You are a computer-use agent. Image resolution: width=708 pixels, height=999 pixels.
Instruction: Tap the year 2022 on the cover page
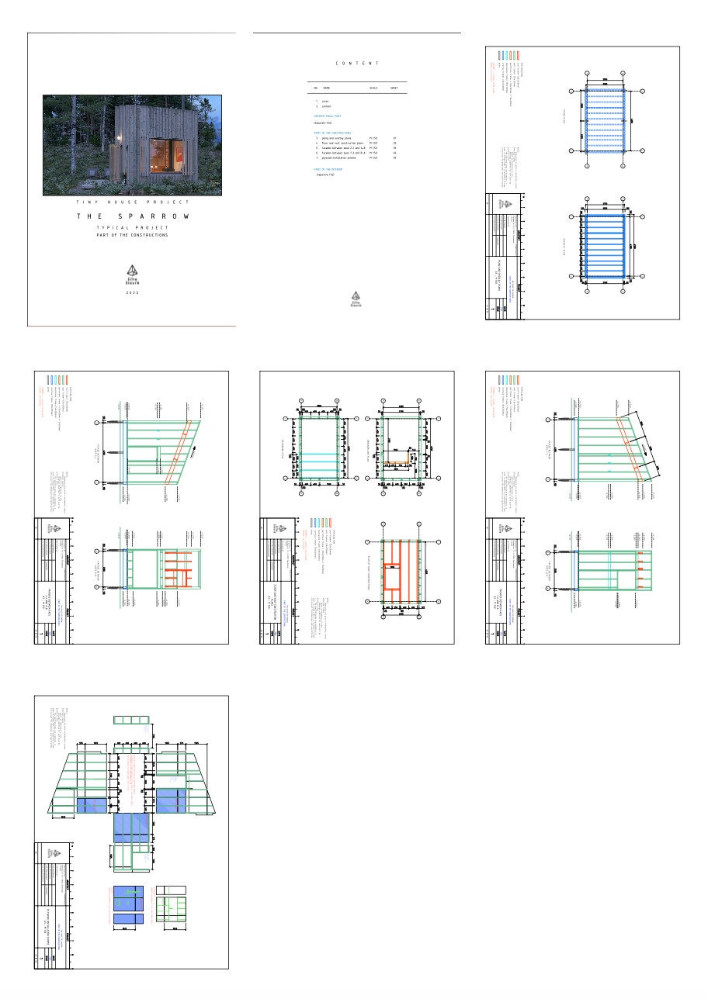pos(132,292)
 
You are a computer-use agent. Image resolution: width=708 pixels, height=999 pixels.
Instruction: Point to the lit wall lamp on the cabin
pos(120,139)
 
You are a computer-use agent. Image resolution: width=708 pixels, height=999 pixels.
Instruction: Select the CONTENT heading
pos(357,63)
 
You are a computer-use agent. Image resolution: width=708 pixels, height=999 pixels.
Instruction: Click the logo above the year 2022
pos(132,272)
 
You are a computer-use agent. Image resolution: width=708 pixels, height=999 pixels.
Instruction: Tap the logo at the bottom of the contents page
pos(356,299)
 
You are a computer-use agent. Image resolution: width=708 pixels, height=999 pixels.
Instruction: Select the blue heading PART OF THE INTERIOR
pos(328,168)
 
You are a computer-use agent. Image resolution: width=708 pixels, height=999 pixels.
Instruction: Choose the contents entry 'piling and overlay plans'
pos(339,138)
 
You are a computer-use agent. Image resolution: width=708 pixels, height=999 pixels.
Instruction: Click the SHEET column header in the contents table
pos(394,88)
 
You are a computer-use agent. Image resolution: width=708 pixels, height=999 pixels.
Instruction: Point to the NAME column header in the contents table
pos(327,88)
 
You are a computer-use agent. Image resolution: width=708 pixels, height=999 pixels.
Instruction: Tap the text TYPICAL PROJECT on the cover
pos(132,228)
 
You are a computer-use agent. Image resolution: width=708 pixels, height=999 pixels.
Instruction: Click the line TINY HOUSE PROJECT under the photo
pos(132,202)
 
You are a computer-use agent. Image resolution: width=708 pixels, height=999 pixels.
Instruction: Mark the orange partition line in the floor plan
pos(399,464)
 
